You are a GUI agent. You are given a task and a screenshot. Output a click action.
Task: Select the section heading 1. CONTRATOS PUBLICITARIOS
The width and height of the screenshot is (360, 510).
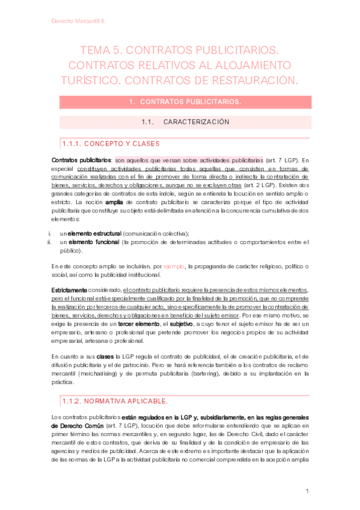point(185,102)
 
